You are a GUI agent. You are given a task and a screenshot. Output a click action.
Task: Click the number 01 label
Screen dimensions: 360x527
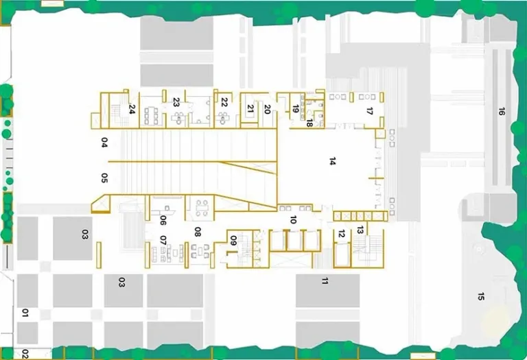coord(25,314)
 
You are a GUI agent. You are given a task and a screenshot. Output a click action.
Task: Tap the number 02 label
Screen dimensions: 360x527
coord(25,354)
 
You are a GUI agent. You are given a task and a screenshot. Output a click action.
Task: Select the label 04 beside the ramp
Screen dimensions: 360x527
coord(104,143)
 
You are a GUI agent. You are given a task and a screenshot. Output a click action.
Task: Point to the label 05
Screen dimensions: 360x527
coord(104,178)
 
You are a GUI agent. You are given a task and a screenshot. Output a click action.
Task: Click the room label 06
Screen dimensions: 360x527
coord(163,220)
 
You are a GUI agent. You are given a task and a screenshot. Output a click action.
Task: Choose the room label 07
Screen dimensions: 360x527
coord(163,241)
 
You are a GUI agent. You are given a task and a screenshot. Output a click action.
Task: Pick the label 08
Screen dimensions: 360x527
coord(198,232)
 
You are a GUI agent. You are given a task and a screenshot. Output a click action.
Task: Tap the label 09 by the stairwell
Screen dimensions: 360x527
coord(233,241)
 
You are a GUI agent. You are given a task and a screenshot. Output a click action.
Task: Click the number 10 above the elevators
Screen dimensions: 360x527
coord(293,220)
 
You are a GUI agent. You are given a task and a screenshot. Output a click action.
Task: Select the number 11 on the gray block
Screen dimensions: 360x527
coord(326,280)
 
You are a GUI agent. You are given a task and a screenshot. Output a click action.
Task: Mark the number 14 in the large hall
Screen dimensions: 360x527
coord(332,162)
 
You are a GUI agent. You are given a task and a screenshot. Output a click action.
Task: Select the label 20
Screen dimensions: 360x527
coord(267,108)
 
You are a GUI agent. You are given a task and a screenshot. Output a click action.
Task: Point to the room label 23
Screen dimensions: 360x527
coord(176,102)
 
